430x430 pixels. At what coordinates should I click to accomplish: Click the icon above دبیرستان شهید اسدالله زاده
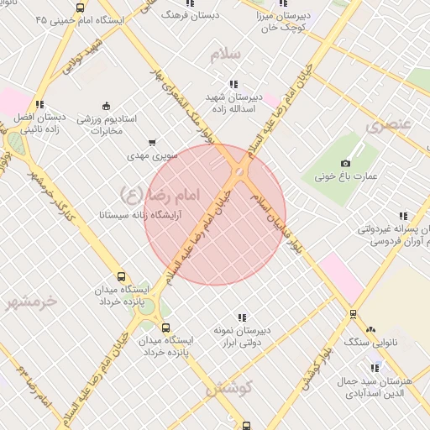[x=233, y=84]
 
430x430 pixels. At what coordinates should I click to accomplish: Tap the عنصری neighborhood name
[x=389, y=125]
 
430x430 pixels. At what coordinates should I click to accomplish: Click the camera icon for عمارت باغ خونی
[x=345, y=164]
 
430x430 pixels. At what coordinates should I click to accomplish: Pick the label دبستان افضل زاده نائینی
[x=40, y=124]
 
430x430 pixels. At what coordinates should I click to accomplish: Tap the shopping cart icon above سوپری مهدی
[x=152, y=143]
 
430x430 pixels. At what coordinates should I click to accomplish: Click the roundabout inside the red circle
[x=240, y=172]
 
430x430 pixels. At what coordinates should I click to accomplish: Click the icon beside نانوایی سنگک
[x=370, y=332]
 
